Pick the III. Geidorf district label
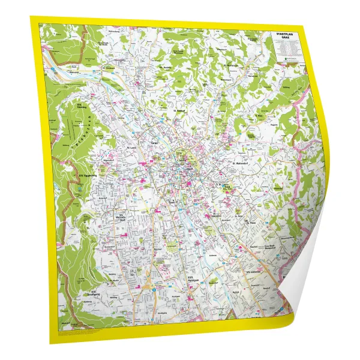click(x=179, y=111)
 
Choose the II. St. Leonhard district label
click(x=225, y=187)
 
